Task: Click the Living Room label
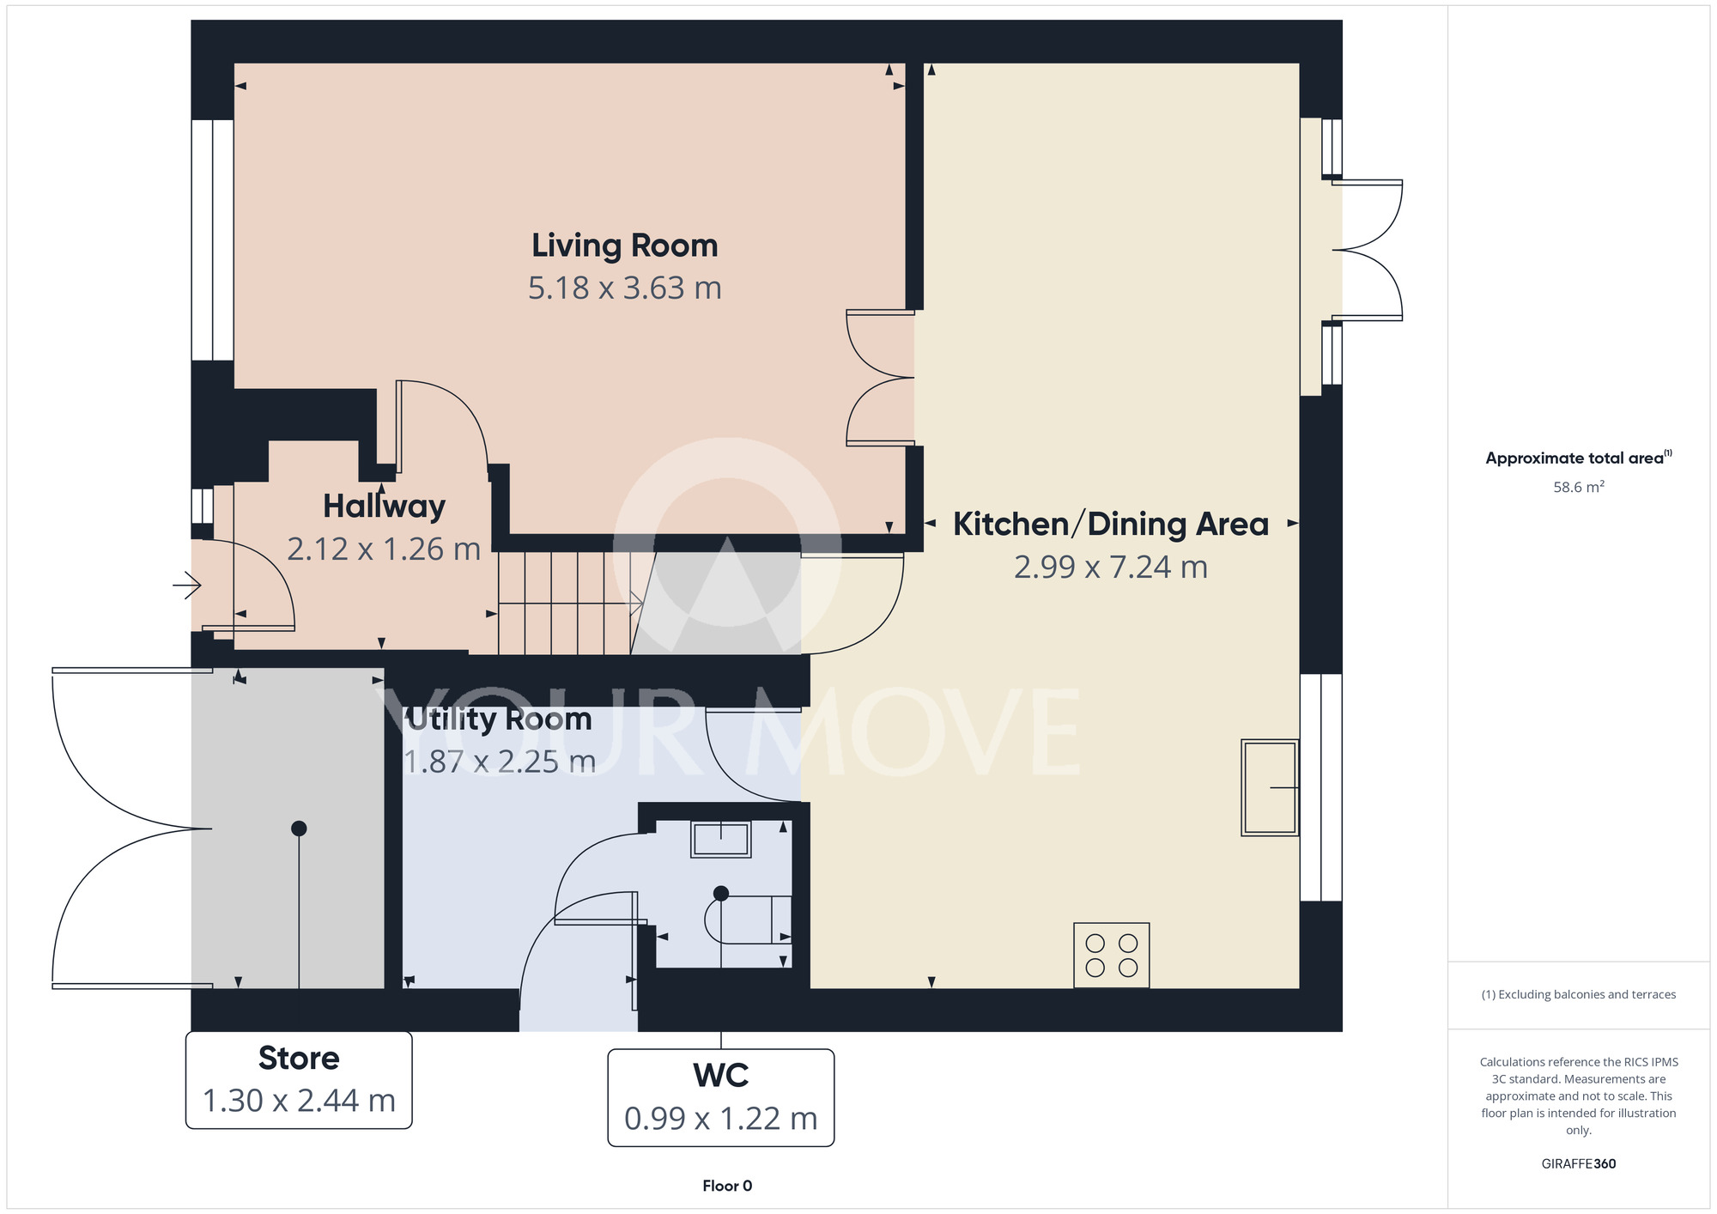tap(624, 246)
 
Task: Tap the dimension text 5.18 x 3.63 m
tap(624, 288)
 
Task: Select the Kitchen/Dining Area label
tap(1111, 524)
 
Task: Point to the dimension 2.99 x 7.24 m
tap(1111, 568)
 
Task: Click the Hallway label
tap(384, 507)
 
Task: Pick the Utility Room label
tap(498, 719)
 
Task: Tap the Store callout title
tap(299, 1059)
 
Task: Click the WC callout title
tap(721, 1076)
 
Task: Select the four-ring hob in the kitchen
tap(1112, 956)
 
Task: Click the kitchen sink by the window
tap(1270, 787)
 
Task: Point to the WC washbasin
tap(721, 839)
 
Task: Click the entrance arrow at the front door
tap(187, 586)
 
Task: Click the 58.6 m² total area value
tap(1579, 487)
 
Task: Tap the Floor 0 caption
tap(727, 1186)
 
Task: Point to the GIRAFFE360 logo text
tap(1579, 1164)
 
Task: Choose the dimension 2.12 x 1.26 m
tap(384, 549)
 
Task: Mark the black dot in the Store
tap(299, 829)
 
